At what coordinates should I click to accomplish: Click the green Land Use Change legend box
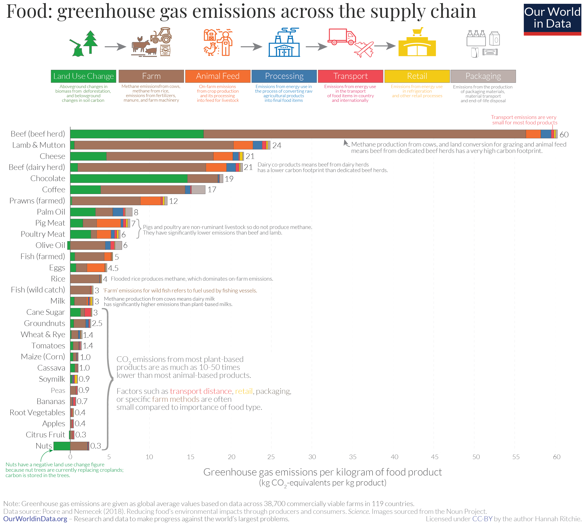(83, 76)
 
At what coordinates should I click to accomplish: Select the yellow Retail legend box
(417, 76)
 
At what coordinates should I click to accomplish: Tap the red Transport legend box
(350, 76)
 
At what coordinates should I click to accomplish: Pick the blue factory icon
(284, 43)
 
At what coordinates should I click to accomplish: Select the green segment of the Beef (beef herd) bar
(137, 134)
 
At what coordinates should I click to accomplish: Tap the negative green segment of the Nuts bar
(62, 446)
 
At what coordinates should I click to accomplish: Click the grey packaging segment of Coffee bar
(198, 190)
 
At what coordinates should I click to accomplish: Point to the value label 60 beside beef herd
(564, 135)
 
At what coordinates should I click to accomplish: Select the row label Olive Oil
(50, 245)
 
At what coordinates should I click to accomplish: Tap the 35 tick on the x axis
(353, 457)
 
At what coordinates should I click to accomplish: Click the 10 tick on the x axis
(149, 457)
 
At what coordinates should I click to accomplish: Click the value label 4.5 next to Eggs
(113, 268)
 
